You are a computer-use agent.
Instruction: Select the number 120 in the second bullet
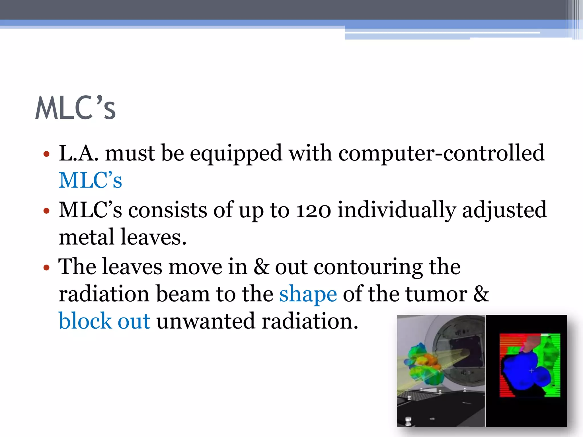pos(313,210)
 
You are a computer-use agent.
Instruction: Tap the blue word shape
pos(308,294)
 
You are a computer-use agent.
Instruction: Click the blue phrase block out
pos(104,321)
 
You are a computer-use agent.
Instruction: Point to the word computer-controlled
pos(442,153)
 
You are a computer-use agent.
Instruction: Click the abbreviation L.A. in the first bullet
pos(79,153)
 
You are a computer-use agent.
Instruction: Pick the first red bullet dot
pos(46,154)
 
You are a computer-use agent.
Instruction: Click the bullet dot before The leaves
pos(46,268)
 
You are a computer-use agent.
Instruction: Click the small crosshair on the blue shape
pos(531,371)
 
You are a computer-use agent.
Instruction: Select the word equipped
pos(236,154)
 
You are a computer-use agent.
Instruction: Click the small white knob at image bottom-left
pos(408,420)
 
